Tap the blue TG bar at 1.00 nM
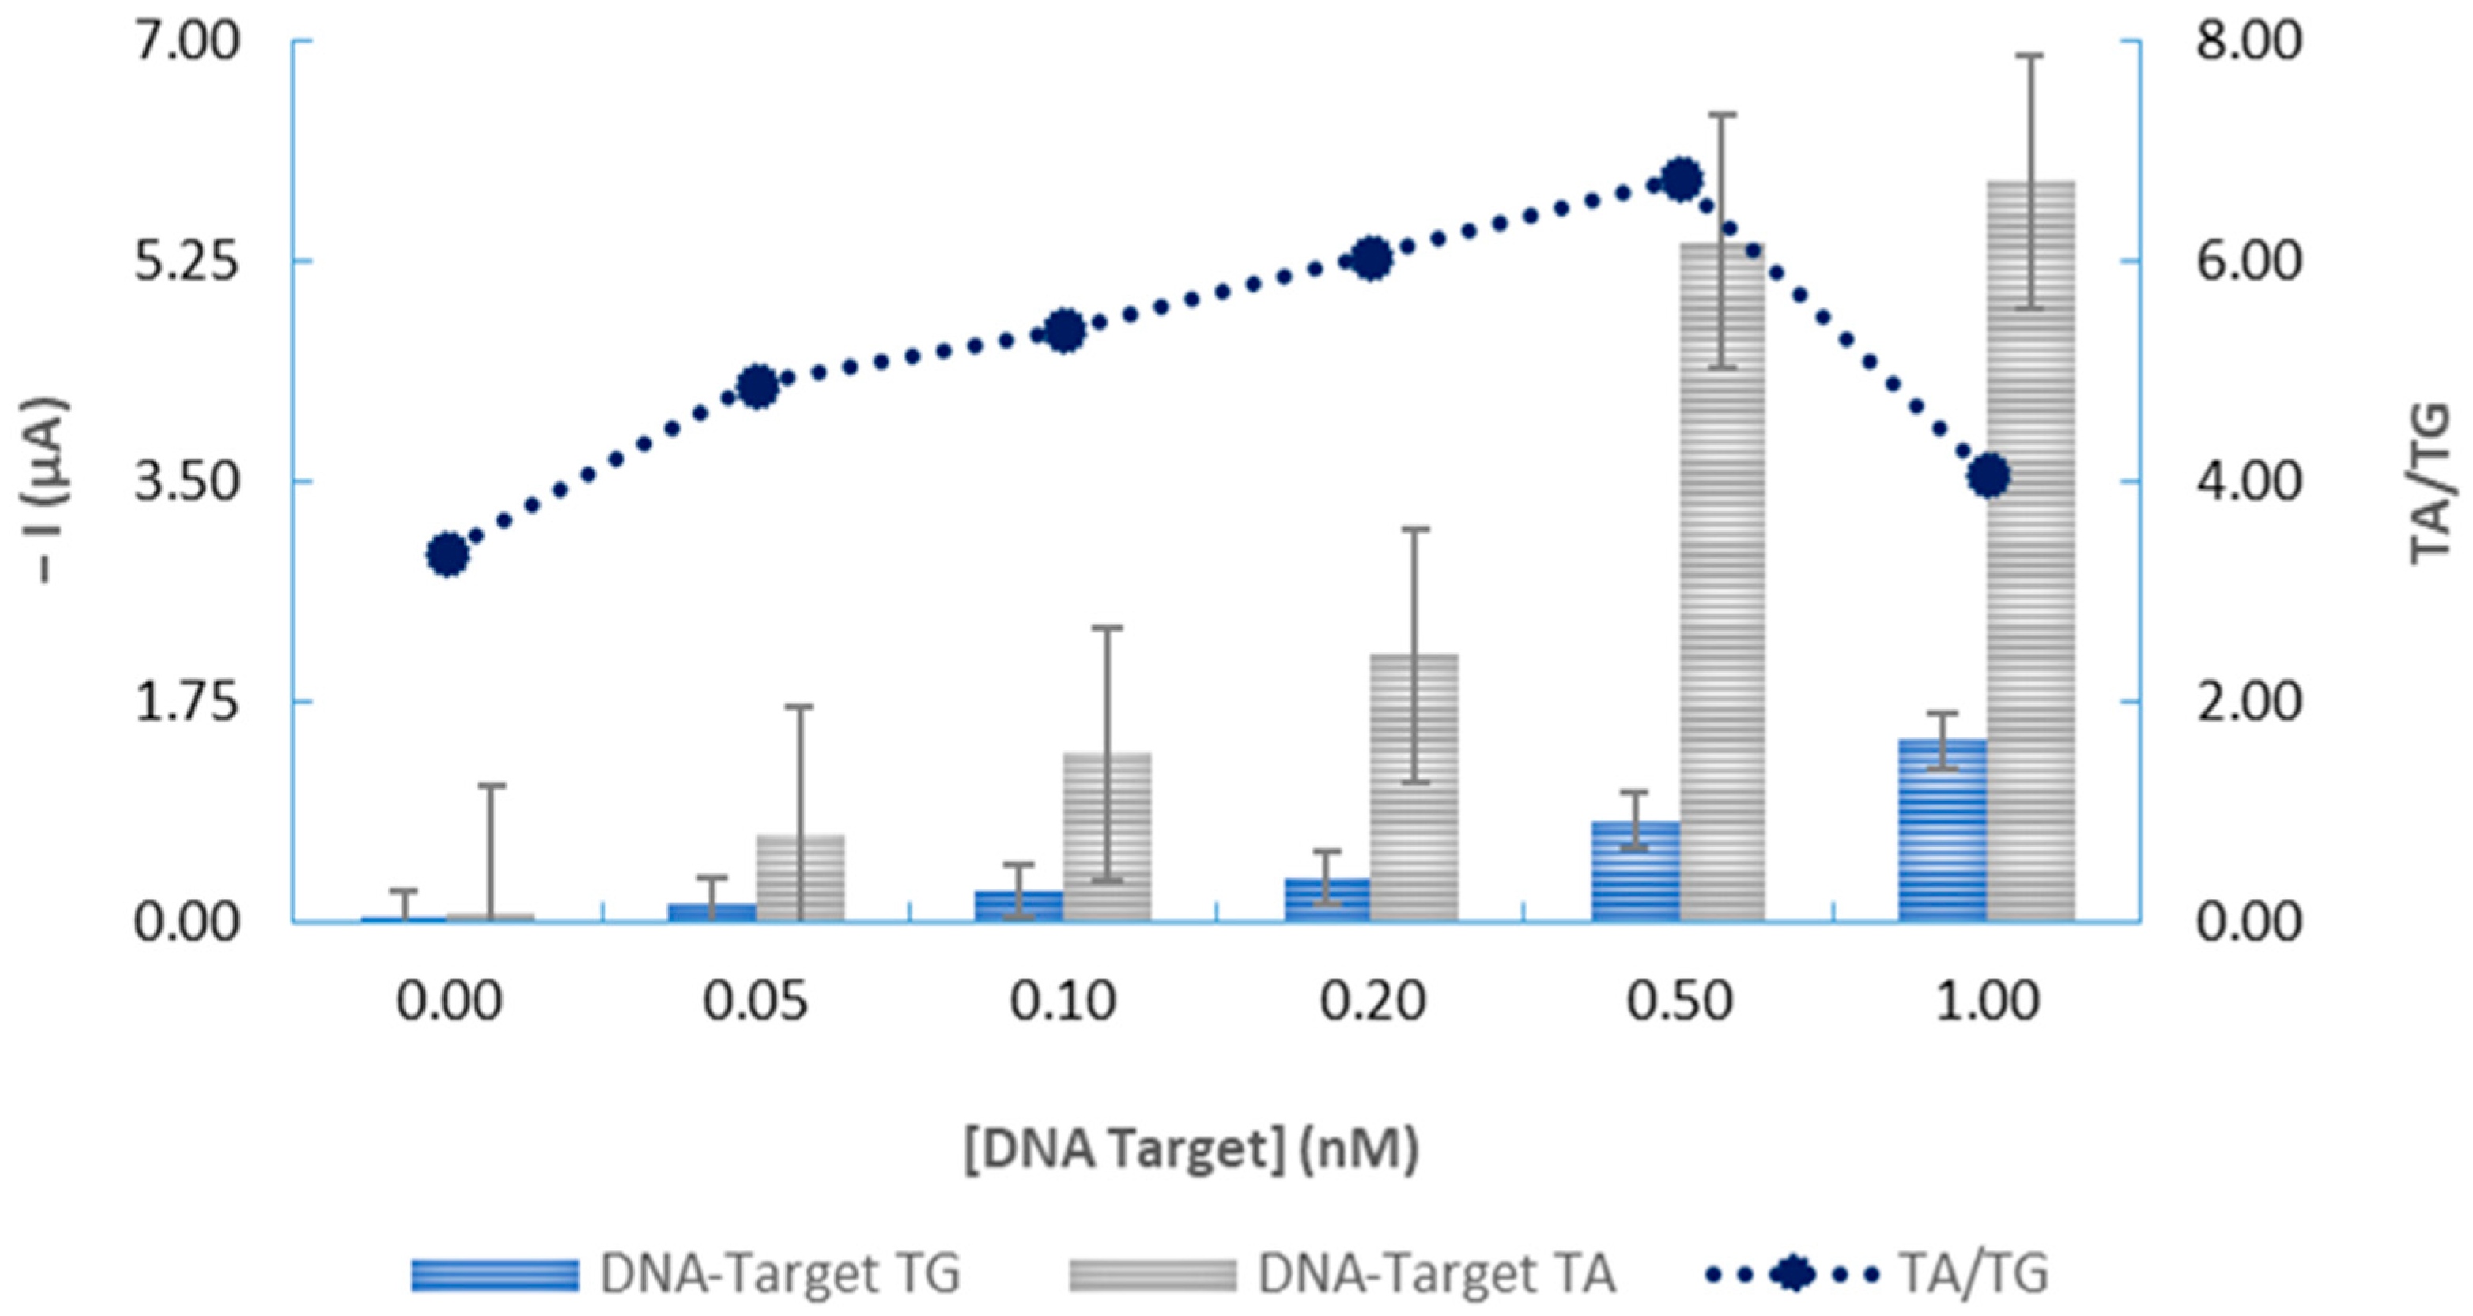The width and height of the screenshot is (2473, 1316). pos(1941,830)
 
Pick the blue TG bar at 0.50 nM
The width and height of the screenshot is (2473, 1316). pos(1635,872)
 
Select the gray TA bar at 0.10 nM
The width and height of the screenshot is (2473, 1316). pos(1106,837)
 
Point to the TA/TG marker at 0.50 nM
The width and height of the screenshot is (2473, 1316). pos(1680,179)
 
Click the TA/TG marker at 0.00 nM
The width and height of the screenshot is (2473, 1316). pos(447,554)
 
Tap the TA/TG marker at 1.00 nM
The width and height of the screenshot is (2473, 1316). pos(1988,476)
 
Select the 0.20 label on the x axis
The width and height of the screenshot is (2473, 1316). pos(1372,1001)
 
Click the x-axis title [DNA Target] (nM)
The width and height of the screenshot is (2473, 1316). pos(1191,1149)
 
